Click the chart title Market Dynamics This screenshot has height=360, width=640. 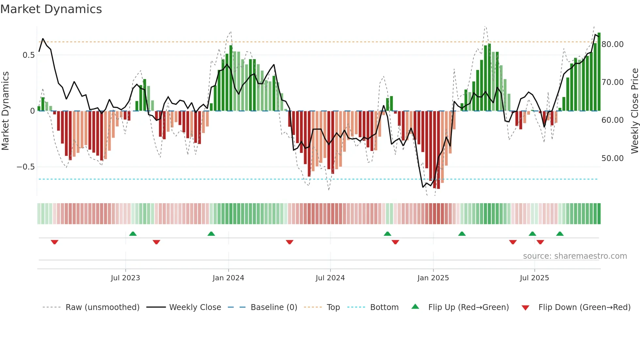click(51, 9)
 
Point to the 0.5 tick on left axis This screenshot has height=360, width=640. click(28, 55)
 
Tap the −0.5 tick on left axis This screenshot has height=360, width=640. click(25, 167)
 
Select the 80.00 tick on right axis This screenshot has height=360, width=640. click(612, 44)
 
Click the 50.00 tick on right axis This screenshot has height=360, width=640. click(612, 158)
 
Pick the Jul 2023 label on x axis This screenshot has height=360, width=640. click(125, 278)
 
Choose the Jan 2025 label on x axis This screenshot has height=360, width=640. click(433, 278)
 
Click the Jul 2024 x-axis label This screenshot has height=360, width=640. click(330, 278)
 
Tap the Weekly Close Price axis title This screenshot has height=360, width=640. click(634, 111)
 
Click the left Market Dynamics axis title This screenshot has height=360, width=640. click(5, 111)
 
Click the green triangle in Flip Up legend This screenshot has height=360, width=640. click(415, 307)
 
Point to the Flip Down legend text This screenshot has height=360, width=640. click(584, 307)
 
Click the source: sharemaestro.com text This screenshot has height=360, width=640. click(575, 256)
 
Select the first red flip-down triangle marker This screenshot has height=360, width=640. click(55, 242)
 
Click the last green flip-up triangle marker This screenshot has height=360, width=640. click(560, 234)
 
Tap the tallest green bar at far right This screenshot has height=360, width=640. click(599, 72)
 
